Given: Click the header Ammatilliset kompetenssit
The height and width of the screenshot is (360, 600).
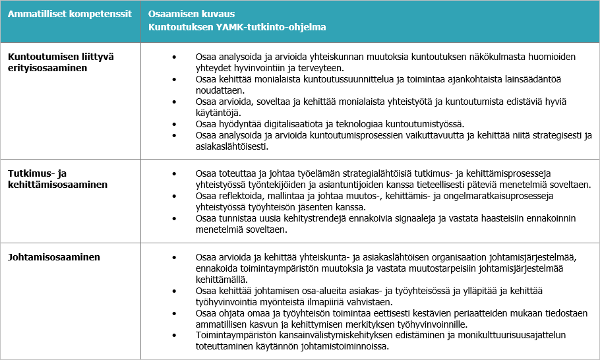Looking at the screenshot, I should click(x=69, y=14).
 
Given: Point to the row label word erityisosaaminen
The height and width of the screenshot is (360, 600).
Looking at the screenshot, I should click(x=47, y=68).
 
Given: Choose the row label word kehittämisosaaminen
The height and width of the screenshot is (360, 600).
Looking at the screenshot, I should click(x=57, y=185).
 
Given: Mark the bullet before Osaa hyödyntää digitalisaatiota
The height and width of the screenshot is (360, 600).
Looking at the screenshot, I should click(x=174, y=124).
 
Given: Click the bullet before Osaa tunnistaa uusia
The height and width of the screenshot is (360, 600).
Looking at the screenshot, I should click(x=174, y=218).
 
